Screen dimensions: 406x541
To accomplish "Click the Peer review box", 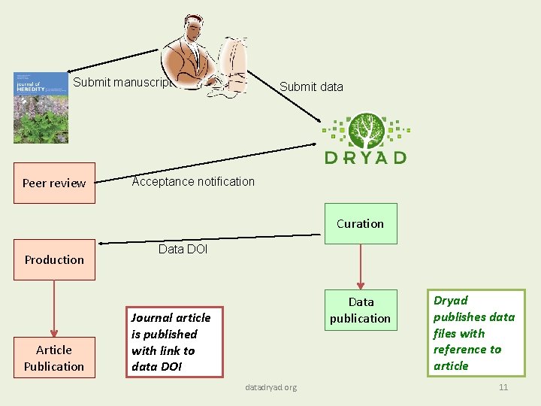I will point(54,183).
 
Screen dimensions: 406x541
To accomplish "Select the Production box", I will point(54,259).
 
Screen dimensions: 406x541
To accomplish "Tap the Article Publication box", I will point(54,358).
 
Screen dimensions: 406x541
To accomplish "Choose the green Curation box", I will point(361,223).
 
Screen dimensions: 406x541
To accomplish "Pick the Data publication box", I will point(361,310).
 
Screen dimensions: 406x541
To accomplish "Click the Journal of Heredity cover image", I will point(41,108).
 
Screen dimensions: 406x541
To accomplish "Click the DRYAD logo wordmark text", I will point(366,157).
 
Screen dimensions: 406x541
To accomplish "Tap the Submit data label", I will point(311,86).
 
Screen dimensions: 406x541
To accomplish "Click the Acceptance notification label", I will point(193,181).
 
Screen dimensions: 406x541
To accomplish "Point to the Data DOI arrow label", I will point(183,249).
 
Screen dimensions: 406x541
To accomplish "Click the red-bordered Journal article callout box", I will point(175,341).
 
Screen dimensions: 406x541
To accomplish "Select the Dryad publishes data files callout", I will point(476,332).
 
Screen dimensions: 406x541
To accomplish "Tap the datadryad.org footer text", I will point(270,387).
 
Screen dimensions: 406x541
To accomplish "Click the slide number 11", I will point(503,387).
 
